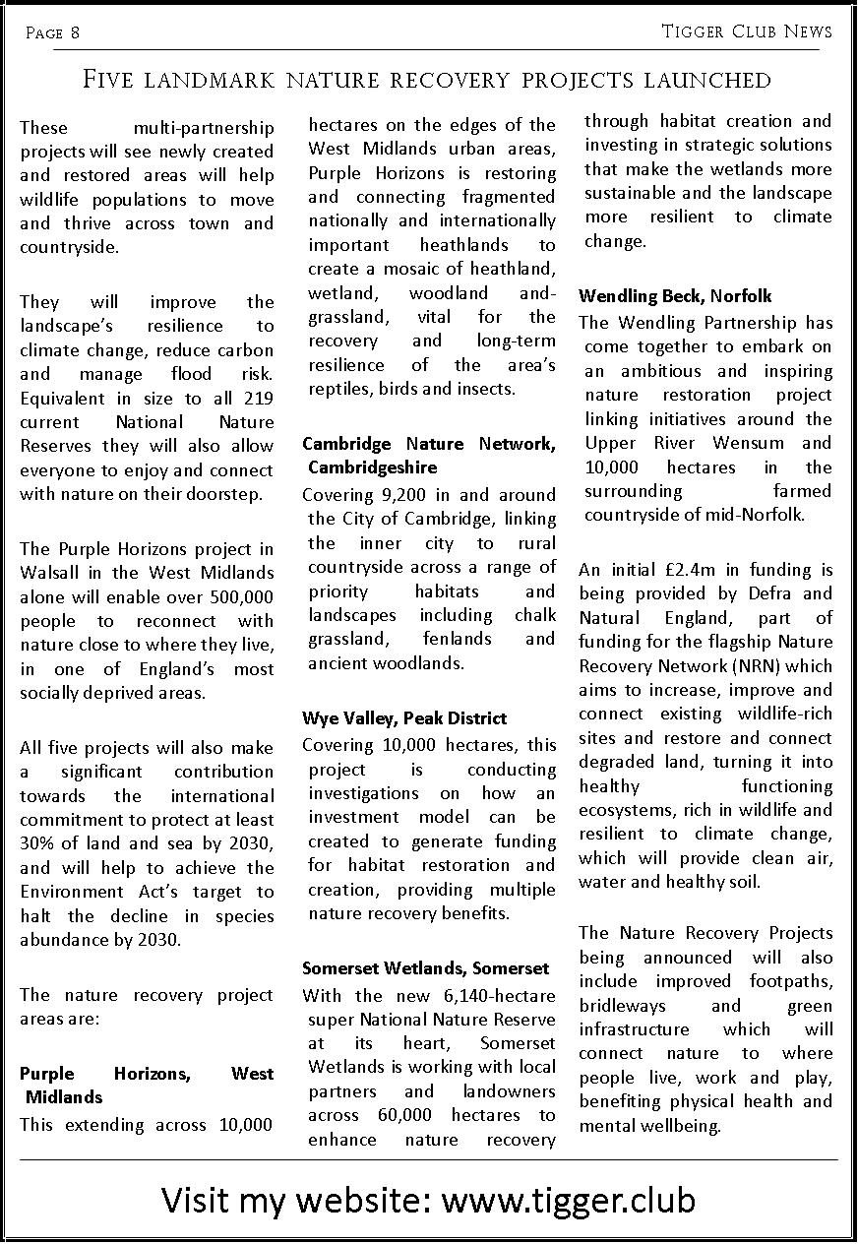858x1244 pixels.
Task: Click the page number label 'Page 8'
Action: pos(52,33)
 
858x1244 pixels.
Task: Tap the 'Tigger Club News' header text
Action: pos(747,32)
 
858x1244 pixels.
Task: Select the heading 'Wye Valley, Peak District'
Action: pos(404,718)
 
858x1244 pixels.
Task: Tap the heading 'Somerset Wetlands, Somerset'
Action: pos(425,968)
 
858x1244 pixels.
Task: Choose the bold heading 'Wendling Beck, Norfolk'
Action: pos(675,296)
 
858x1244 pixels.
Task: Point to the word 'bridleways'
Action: pos(622,1006)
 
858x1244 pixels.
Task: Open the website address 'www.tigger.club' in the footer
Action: pos(569,1201)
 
